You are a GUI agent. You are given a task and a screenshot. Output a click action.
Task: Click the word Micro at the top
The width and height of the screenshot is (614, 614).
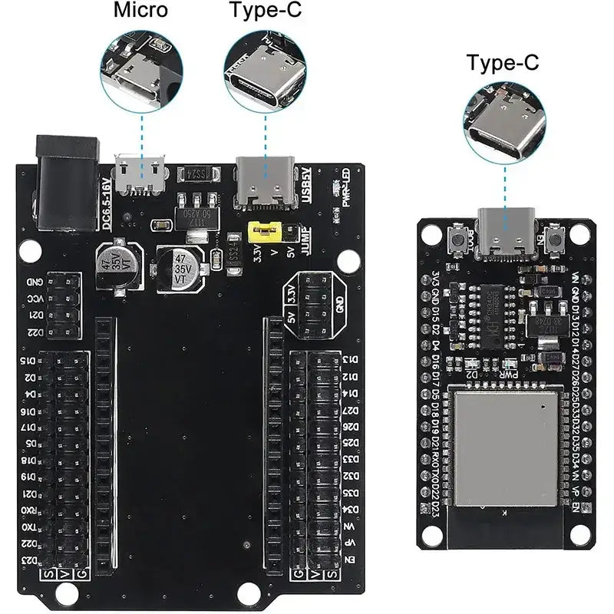point(141,11)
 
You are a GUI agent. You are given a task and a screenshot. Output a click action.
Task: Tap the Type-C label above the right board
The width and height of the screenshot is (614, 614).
point(503,62)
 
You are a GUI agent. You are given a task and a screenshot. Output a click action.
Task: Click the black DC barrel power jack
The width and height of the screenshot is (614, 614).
point(68,182)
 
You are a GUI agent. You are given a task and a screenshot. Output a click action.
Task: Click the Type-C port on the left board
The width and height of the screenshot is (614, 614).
point(265,180)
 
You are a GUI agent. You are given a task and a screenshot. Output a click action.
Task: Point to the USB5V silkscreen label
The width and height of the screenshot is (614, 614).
point(305,183)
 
